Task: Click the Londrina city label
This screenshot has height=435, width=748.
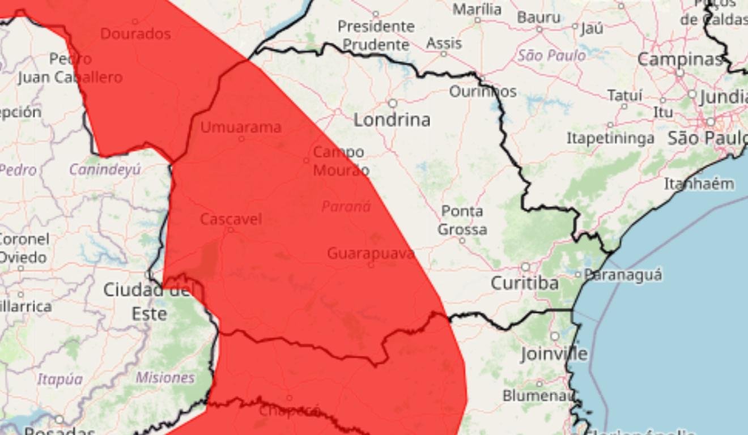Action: tap(392, 120)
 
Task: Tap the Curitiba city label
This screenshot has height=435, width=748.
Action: tap(524, 283)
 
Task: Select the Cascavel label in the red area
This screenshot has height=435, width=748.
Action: tap(231, 219)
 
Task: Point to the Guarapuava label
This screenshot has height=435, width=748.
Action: tap(371, 253)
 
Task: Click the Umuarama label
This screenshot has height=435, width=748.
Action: tap(240, 127)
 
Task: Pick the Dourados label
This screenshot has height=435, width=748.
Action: tap(135, 33)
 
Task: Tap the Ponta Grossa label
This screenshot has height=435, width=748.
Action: tap(462, 220)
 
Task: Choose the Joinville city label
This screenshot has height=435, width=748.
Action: tap(554, 354)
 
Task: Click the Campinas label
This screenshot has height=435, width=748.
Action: tap(680, 59)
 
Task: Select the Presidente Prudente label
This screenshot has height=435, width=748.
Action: tap(376, 35)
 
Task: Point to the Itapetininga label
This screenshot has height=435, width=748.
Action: tap(610, 138)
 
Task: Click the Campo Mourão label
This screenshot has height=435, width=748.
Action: tap(340, 161)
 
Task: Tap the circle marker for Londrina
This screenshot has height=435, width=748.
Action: tap(392, 103)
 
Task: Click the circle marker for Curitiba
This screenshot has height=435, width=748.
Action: tap(525, 267)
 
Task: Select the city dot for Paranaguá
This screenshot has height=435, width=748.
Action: tap(578, 275)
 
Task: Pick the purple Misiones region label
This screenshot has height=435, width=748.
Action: tap(165, 377)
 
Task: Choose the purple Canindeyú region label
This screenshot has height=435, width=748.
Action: tap(104, 169)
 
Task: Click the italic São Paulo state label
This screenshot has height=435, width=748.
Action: tap(551, 56)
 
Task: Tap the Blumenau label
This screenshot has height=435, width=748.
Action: tap(538, 395)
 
